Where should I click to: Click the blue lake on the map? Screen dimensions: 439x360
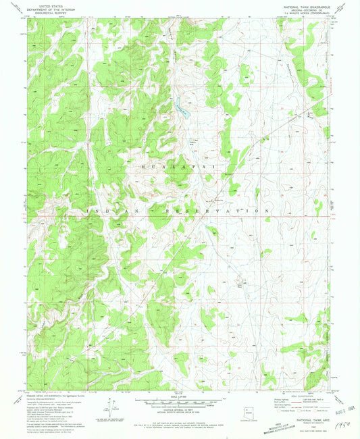pyautogui.click(x=180, y=108)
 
